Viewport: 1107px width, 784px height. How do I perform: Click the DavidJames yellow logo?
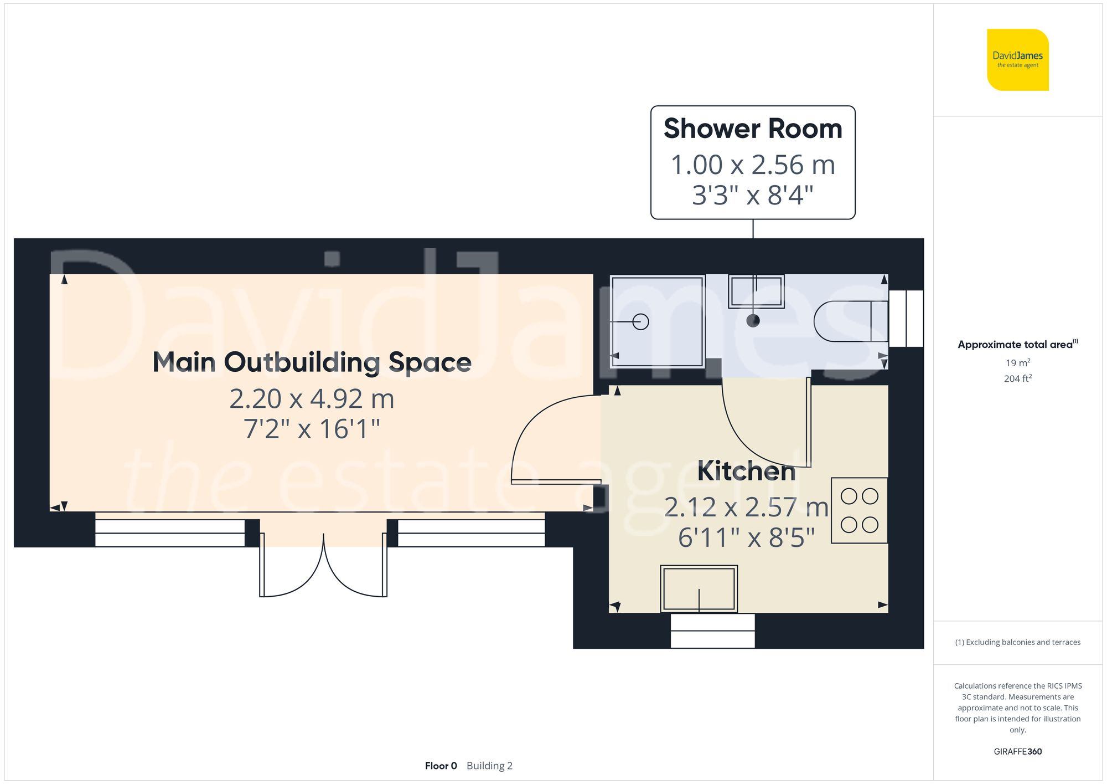[1017, 60]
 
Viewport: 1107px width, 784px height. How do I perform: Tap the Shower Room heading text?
[753, 129]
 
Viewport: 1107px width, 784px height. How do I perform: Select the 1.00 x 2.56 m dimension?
[753, 165]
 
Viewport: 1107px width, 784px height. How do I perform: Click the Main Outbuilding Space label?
[312, 362]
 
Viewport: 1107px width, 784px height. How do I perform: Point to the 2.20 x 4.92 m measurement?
[312, 399]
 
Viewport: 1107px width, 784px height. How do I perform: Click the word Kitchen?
[746, 471]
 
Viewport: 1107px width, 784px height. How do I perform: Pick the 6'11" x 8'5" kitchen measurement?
[746, 537]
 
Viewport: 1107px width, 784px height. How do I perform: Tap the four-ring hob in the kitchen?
[859, 510]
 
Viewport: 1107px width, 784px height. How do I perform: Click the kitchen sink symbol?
[699, 588]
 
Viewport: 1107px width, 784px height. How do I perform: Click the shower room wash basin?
[756, 291]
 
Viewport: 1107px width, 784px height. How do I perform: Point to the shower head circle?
[640, 321]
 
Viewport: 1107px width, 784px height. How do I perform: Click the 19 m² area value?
[1017, 363]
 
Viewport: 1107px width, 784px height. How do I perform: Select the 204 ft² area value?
[1017, 378]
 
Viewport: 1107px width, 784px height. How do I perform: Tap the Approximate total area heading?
[1017, 344]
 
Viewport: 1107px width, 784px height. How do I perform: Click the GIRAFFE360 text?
[1017, 751]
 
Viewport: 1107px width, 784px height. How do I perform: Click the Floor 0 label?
[441, 766]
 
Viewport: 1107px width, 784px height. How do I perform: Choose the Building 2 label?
[489, 766]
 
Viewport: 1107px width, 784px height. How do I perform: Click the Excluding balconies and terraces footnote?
[1017, 642]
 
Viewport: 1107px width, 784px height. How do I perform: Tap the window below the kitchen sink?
[712, 631]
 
